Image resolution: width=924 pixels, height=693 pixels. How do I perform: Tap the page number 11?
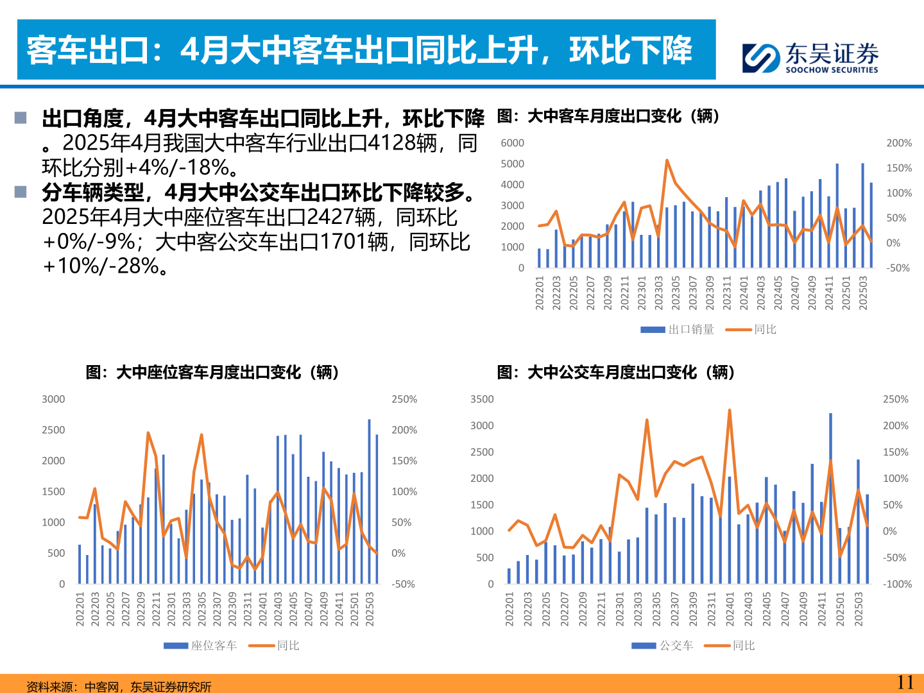(905, 683)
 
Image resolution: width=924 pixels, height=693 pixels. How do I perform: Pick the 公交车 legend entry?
(663, 646)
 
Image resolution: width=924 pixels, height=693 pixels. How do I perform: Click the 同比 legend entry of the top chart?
(751, 329)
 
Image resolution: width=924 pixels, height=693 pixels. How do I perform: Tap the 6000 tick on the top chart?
(512, 143)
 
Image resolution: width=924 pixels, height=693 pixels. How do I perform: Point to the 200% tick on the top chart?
(898, 143)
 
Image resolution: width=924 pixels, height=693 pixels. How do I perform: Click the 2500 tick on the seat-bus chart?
(53, 430)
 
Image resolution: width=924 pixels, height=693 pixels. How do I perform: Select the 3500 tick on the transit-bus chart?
(482, 399)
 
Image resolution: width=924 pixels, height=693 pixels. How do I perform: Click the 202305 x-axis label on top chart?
(676, 293)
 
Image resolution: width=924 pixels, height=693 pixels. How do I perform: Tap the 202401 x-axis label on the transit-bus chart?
(730, 609)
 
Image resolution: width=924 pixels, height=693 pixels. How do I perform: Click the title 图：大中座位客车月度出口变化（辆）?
(212, 372)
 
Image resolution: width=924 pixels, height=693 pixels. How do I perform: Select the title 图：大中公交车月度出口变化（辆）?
(616, 372)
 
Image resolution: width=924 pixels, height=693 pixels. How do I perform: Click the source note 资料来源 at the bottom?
(119, 686)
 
